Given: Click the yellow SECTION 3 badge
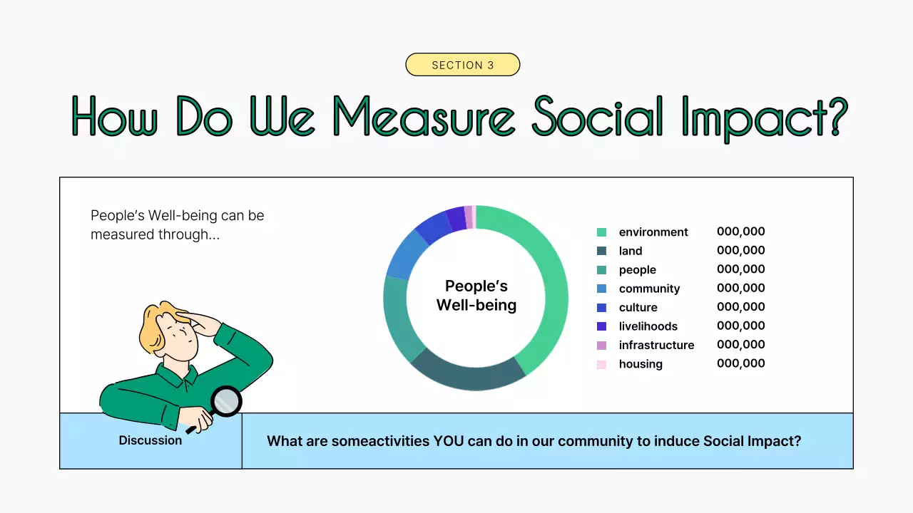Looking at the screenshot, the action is click(463, 64).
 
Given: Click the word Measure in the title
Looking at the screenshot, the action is click(424, 116).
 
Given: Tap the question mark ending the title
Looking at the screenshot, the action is click(835, 116).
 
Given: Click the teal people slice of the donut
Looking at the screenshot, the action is click(397, 318).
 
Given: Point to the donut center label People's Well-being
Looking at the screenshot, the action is click(476, 296).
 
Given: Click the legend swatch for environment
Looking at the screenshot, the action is click(601, 232).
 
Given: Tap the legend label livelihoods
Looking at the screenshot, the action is click(648, 326).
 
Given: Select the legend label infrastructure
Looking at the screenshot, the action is click(656, 345).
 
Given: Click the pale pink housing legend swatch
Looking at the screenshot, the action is click(601, 364).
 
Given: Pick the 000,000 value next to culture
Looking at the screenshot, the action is click(740, 306).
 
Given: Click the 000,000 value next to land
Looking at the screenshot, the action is click(740, 250).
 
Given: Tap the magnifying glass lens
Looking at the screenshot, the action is click(226, 401).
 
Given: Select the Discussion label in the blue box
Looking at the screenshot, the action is click(150, 440).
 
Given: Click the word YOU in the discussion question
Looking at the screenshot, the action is click(449, 441).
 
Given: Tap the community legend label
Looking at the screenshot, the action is click(649, 289).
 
